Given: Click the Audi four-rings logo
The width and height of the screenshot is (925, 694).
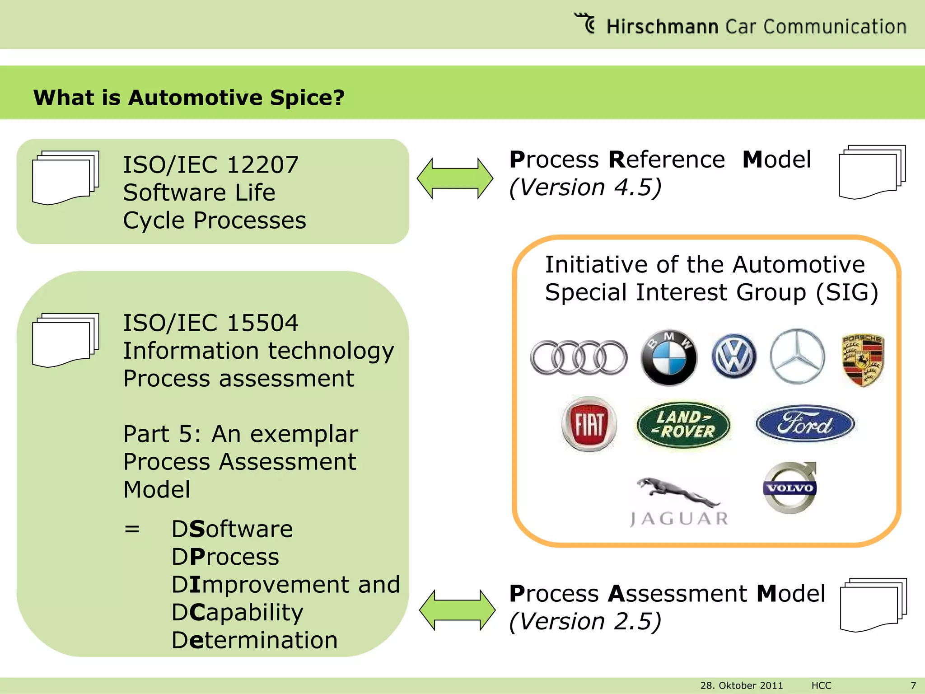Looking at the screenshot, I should [x=579, y=357].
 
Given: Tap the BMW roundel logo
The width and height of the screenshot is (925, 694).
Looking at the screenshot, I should [x=669, y=357].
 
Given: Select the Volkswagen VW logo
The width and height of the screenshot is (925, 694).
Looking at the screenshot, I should [x=734, y=356].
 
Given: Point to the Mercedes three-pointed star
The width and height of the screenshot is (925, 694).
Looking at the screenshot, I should [x=797, y=356].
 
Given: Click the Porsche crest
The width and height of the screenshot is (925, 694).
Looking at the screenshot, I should [x=863, y=360].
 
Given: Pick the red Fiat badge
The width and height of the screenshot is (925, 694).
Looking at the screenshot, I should [x=589, y=424].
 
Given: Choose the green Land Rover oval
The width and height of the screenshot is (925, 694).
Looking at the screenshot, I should [x=683, y=424].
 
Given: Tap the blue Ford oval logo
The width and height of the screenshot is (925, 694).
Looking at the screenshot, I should [x=805, y=423].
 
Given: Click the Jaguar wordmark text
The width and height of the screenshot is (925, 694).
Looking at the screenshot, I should [x=679, y=519].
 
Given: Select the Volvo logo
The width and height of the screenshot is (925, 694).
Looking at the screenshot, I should [x=790, y=488].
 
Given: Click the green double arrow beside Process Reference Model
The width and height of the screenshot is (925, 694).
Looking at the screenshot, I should [x=455, y=178].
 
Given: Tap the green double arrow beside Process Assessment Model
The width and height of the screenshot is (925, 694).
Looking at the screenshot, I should [x=457, y=610].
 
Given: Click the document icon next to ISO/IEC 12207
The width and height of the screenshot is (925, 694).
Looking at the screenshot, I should [x=65, y=178].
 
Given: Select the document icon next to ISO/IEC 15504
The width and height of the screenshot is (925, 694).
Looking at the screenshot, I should [x=65, y=340].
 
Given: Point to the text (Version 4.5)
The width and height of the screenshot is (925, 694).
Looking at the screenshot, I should [x=585, y=187].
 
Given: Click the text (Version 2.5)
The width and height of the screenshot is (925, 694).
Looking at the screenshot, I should [x=585, y=621].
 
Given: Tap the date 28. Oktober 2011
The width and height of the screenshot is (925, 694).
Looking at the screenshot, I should [x=741, y=685].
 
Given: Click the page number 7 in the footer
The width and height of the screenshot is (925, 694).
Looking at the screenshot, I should [x=913, y=685].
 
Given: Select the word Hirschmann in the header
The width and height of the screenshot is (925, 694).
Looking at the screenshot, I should [x=662, y=27].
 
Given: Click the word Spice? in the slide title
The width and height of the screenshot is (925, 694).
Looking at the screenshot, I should [x=307, y=98].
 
